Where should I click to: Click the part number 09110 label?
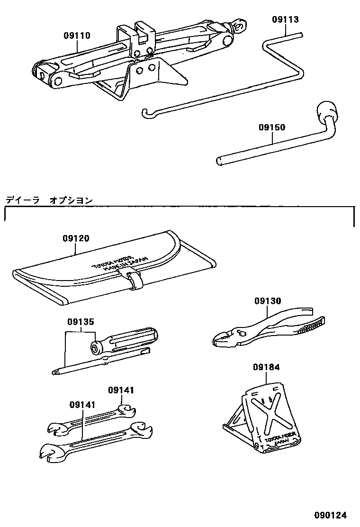pos(77,36)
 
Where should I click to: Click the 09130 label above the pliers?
pos(267,301)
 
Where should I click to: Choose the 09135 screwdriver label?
pos(80,321)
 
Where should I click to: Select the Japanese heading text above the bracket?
pos(49,200)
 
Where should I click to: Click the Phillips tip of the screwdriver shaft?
pos(56,371)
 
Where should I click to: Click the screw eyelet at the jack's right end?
pos(241,24)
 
